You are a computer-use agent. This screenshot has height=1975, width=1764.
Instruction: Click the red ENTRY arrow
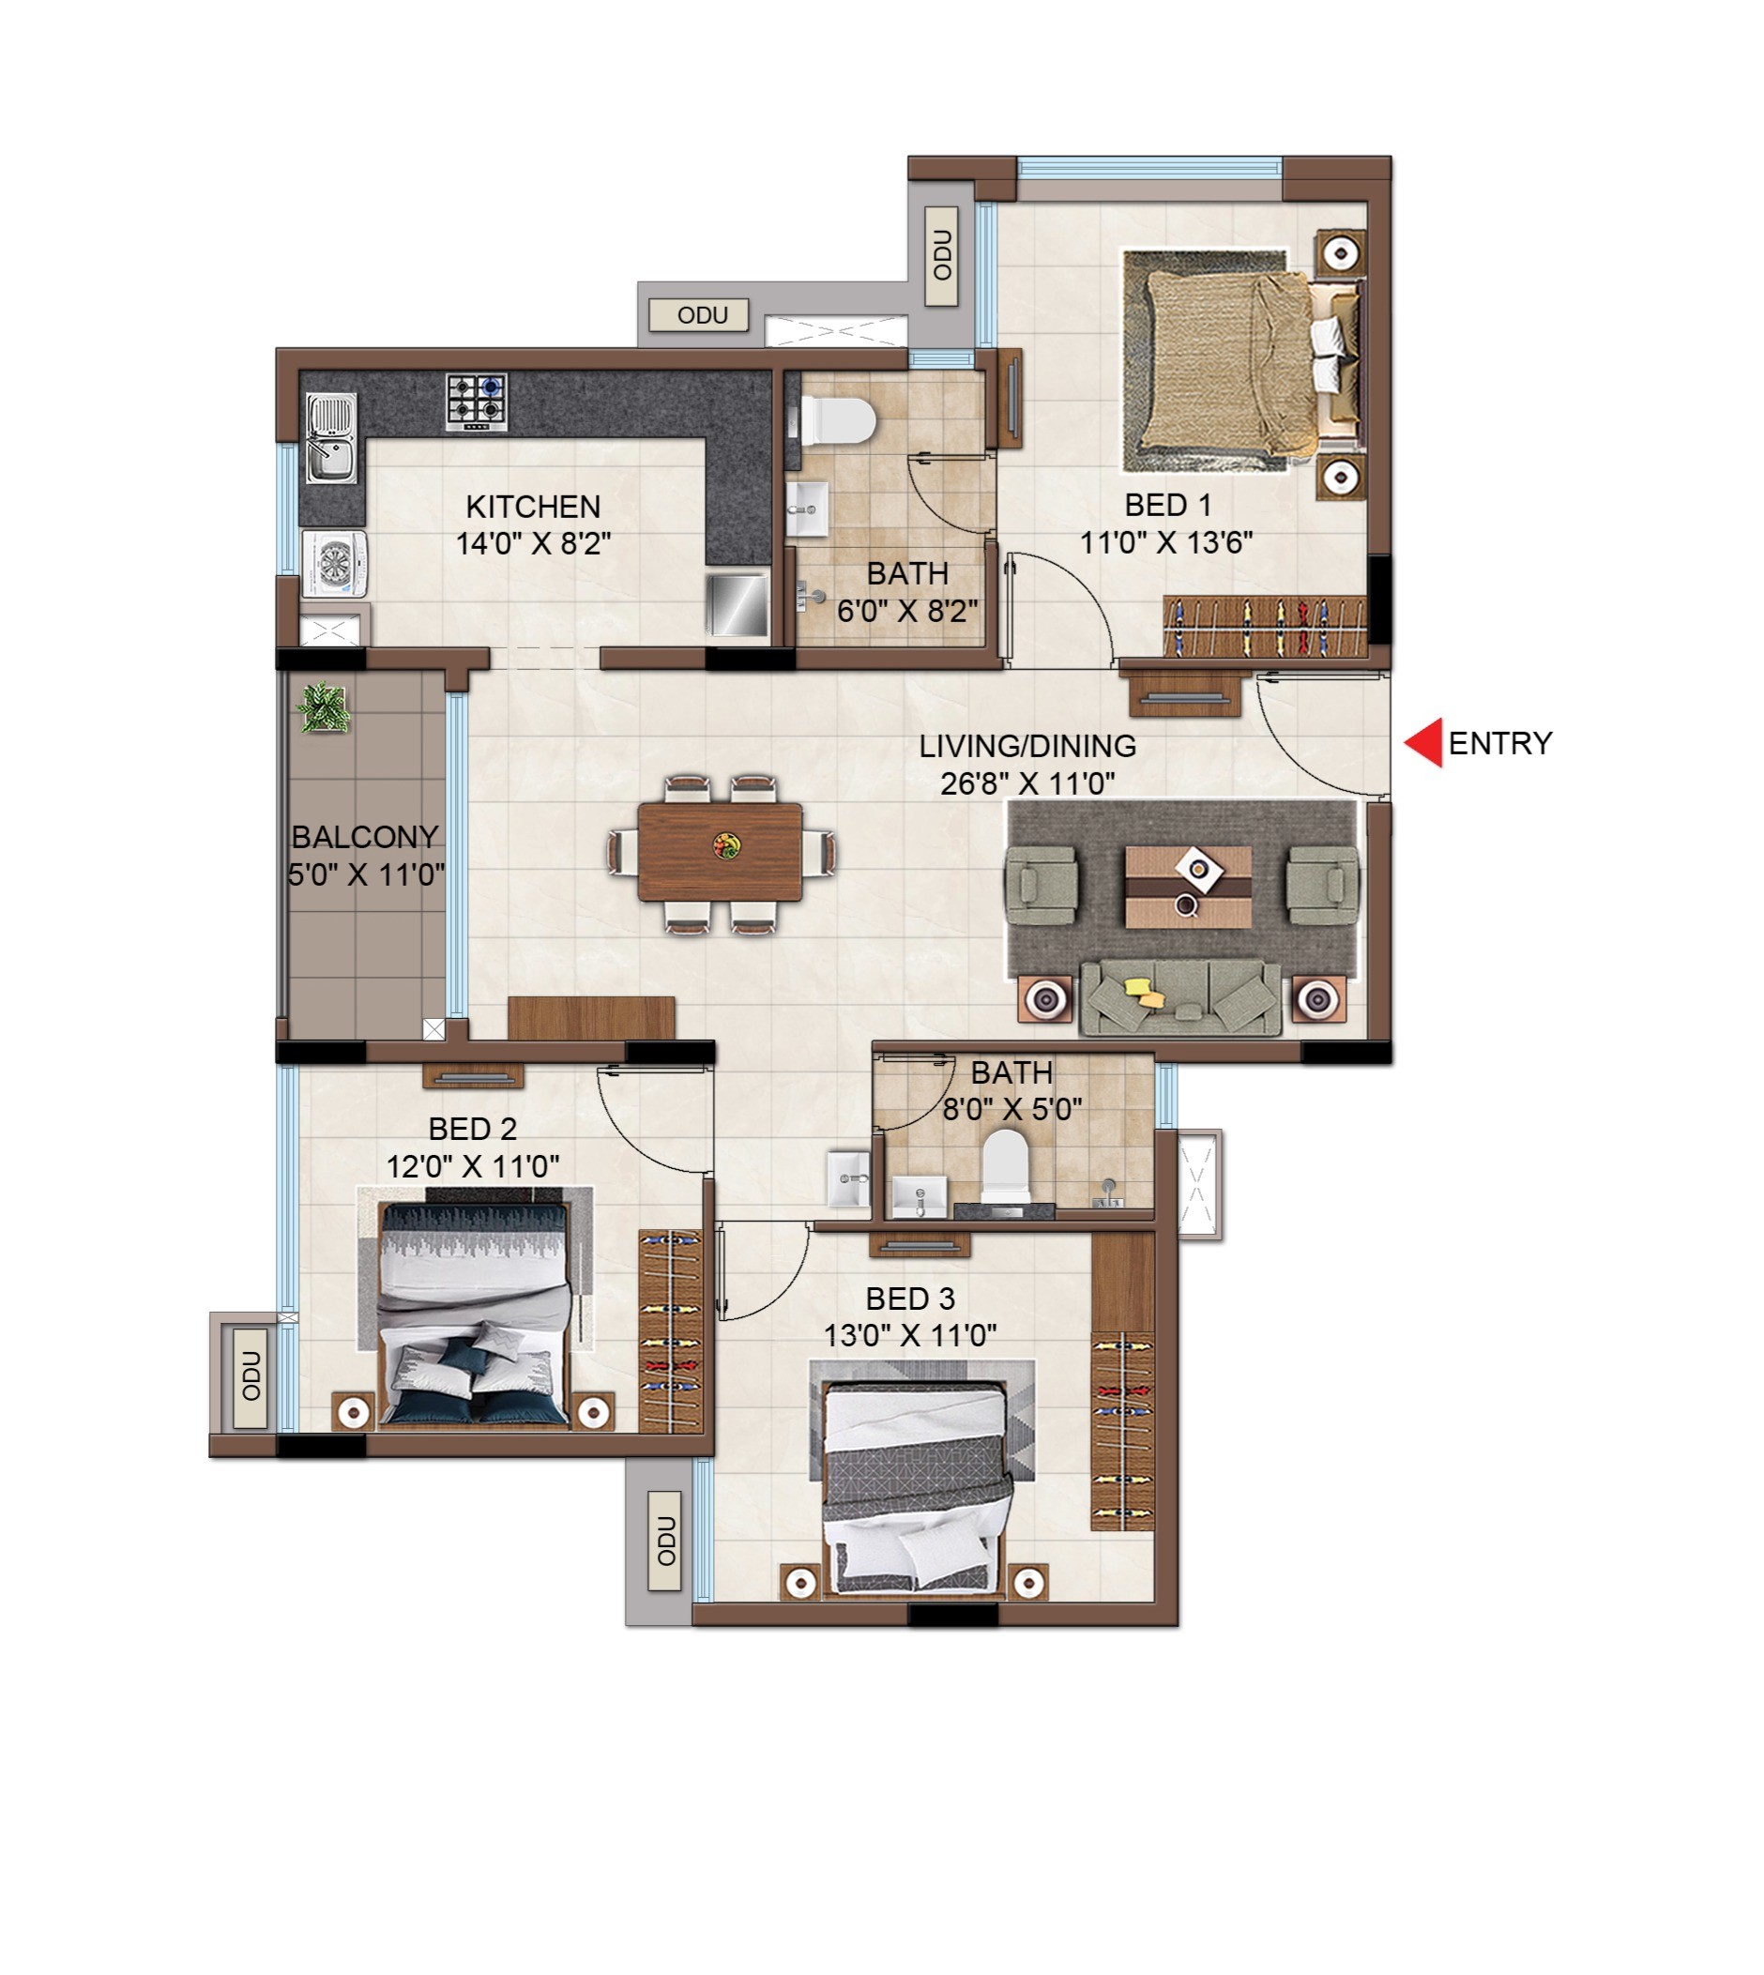1423,742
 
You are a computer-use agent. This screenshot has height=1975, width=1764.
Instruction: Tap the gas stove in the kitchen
477,403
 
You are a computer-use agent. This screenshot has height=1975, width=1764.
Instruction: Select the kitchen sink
331,437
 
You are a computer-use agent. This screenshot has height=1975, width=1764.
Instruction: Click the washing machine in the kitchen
334,563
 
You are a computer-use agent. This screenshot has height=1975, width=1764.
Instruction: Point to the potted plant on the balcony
322,706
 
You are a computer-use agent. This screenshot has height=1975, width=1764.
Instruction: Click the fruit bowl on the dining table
726,845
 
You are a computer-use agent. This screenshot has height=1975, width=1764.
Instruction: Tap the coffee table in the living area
1188,886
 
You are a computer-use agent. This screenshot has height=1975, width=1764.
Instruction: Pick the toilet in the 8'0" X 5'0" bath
1004,1167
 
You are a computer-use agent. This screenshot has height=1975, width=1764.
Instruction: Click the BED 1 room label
1168,505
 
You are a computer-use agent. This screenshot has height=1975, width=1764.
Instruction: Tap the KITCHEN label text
533,506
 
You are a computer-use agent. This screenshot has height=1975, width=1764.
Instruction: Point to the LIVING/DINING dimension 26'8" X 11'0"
1027,783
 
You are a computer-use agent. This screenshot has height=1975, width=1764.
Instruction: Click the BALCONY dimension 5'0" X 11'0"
366,875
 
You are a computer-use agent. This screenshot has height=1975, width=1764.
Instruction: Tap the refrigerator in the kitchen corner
737,605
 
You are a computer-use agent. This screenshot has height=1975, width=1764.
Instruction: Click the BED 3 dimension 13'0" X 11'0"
910,1335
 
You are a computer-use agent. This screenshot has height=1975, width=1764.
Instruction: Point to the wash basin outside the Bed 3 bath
848,1178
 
